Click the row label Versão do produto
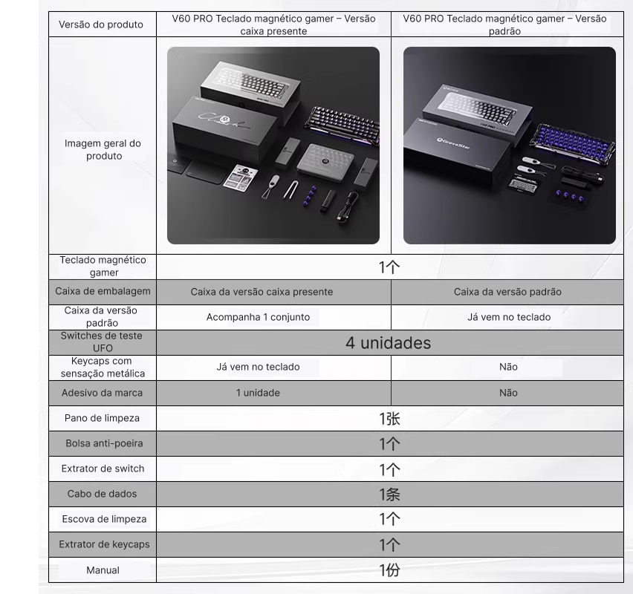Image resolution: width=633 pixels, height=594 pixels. click(101, 25)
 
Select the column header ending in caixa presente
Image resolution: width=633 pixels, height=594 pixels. click(273, 25)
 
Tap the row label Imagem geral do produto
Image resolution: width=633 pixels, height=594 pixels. click(103, 149)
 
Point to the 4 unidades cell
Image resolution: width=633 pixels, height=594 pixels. click(389, 343)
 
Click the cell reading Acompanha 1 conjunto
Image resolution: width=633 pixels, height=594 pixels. click(259, 317)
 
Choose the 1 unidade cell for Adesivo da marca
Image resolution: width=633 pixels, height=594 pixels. click(258, 393)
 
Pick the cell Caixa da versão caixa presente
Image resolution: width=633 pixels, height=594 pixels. click(262, 292)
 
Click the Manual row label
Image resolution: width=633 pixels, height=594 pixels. click(103, 570)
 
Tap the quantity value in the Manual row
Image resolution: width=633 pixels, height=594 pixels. click(389, 570)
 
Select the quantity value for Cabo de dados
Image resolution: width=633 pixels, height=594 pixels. click(389, 495)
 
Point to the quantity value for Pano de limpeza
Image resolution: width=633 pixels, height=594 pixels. click(389, 419)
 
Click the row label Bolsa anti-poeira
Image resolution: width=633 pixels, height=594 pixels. click(104, 443)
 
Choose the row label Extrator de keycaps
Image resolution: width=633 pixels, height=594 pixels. click(104, 544)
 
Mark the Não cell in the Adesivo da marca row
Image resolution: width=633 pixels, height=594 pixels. click(508, 393)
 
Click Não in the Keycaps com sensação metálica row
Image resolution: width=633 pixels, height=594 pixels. click(508, 367)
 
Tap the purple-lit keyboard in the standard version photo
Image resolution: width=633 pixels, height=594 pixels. click(574, 146)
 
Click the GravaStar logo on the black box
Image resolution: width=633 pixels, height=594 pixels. click(453, 143)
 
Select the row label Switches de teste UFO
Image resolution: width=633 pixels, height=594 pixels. click(102, 342)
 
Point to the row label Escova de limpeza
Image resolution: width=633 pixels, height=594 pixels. click(104, 519)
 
